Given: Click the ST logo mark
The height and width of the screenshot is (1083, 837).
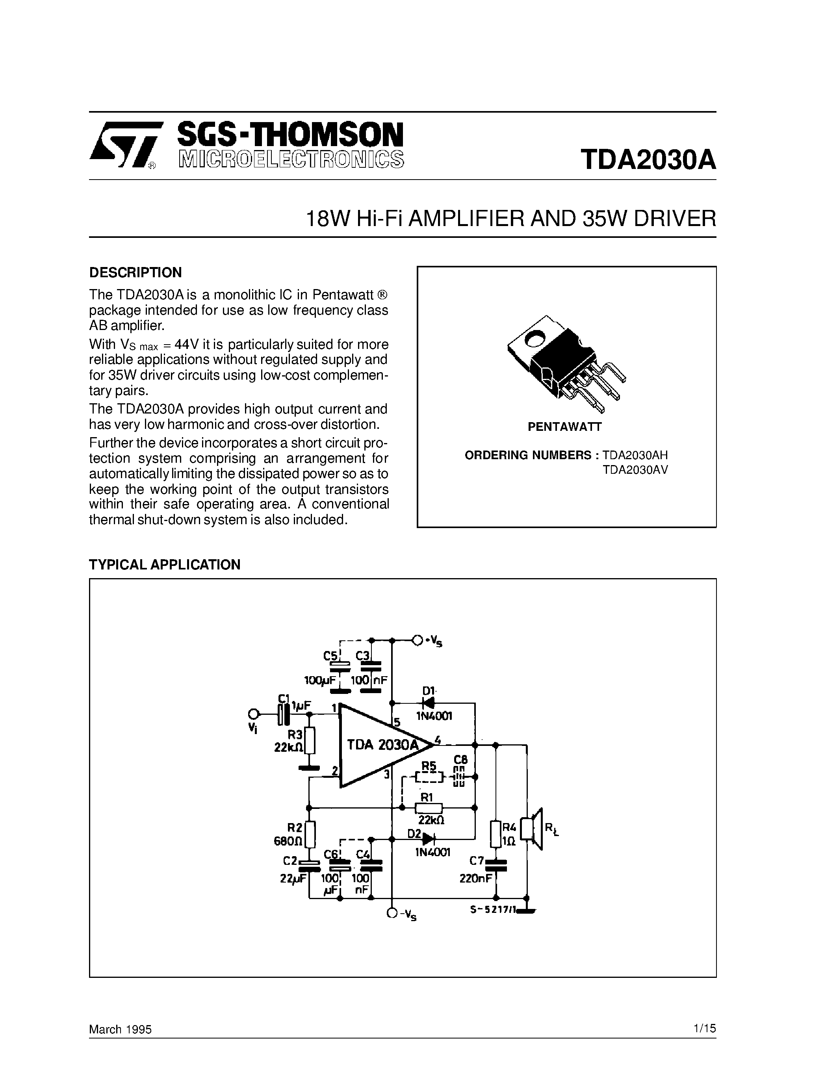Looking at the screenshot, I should tap(126, 145).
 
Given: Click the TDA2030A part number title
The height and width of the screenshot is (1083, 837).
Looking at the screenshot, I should tap(648, 159).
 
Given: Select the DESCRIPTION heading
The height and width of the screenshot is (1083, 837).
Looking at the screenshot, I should tap(135, 272).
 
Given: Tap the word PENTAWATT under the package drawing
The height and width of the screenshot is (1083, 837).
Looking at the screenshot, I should tap(564, 427).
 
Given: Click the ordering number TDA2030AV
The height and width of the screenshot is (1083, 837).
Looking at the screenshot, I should tap(635, 469).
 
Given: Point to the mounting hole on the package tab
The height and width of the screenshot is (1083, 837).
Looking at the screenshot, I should tap(535, 340).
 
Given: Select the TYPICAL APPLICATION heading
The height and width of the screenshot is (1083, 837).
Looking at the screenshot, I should tap(165, 565).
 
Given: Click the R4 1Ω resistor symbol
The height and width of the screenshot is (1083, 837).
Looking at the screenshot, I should tap(496, 834).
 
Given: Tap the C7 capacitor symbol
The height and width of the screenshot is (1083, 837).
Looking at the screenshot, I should tap(496, 865).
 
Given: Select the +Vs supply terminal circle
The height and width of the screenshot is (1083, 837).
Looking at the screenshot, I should tap(418, 640).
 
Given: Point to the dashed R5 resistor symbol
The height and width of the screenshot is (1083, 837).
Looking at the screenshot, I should tap(427, 777).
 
